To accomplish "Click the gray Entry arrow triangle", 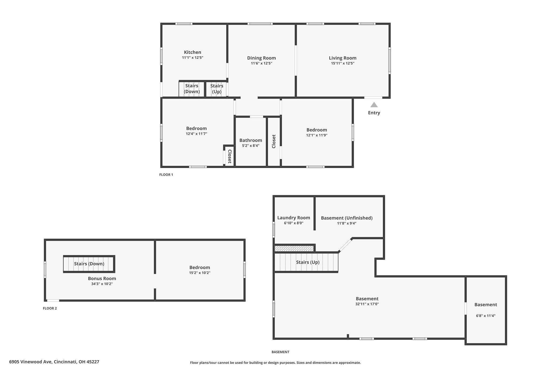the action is pyautogui.click(x=374, y=105).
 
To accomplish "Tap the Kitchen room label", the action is pyautogui.click(x=193, y=52).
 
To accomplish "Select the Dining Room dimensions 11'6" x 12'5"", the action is pyautogui.click(x=262, y=63).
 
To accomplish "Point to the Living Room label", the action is pyautogui.click(x=342, y=58).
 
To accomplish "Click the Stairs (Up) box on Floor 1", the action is pyautogui.click(x=217, y=89).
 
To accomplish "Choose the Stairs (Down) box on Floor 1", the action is pyautogui.click(x=192, y=89).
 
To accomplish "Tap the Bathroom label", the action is pyautogui.click(x=251, y=140).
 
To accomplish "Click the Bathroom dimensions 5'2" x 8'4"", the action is pyautogui.click(x=251, y=146).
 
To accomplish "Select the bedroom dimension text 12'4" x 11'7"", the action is pyautogui.click(x=196, y=134).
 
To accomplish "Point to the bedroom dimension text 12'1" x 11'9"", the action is pyautogui.click(x=317, y=135).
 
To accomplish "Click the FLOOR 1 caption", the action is pyautogui.click(x=166, y=175).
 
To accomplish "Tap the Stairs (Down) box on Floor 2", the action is pyautogui.click(x=89, y=264).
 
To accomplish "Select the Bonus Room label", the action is pyautogui.click(x=102, y=278).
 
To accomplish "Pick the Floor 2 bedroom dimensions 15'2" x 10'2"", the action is pyautogui.click(x=200, y=273).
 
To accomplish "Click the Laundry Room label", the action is pyautogui.click(x=294, y=218).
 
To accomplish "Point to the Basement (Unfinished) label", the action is pyautogui.click(x=347, y=218).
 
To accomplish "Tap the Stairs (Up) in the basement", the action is pyautogui.click(x=306, y=262).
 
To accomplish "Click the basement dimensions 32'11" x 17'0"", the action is pyautogui.click(x=367, y=304).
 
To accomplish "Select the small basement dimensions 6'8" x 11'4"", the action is pyautogui.click(x=486, y=316).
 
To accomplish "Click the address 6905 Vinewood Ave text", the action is pyautogui.click(x=31, y=362).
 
